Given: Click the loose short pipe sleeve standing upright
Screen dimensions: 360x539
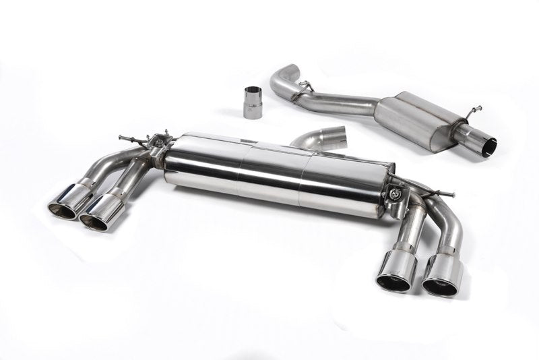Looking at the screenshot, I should coord(252,102).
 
